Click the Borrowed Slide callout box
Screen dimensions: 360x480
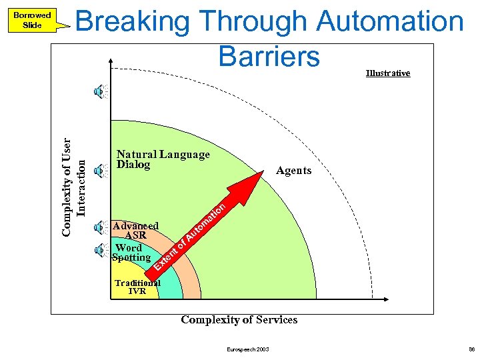(x=32, y=20)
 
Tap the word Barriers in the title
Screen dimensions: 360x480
(x=269, y=57)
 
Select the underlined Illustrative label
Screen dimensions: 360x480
(x=388, y=73)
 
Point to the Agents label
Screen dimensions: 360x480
(x=293, y=171)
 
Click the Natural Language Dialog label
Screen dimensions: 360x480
(x=162, y=159)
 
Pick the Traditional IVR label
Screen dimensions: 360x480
(x=137, y=287)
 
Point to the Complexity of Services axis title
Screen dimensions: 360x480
(x=239, y=320)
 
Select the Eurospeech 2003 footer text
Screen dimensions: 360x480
(x=248, y=349)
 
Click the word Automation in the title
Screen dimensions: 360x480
(x=390, y=22)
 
